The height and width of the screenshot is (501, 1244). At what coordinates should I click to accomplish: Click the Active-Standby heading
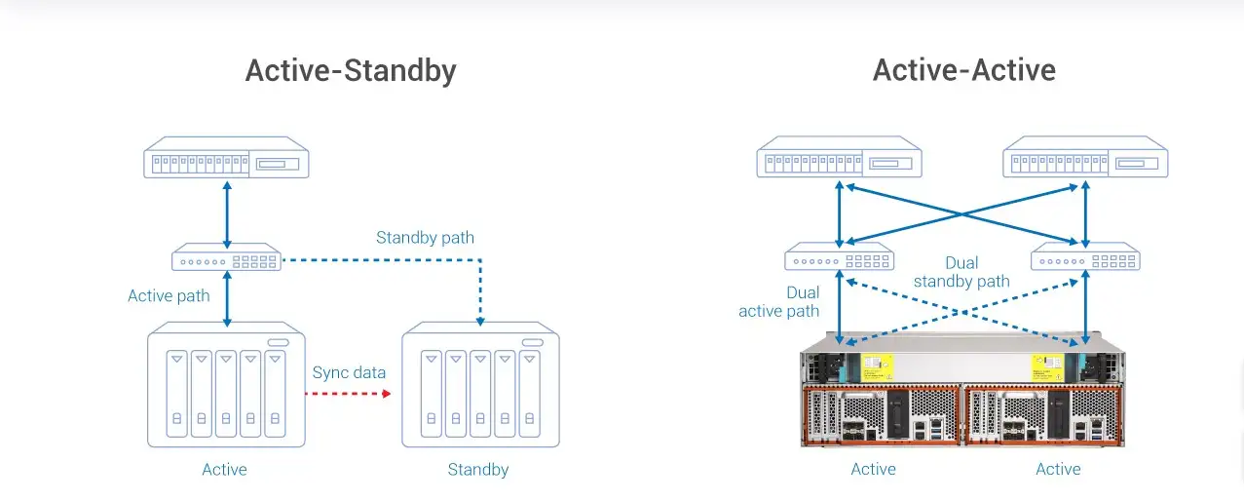[x=351, y=71]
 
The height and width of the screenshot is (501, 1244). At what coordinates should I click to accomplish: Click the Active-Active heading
[x=964, y=70]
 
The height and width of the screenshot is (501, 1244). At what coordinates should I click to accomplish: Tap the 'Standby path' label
[x=425, y=238]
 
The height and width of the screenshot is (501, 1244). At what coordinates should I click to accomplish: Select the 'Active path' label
[x=169, y=295]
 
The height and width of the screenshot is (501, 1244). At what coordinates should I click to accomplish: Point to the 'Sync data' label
[x=349, y=372]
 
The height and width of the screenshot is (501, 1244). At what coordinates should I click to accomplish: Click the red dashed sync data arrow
[x=348, y=394]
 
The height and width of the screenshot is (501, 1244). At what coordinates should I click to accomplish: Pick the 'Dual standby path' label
[x=961, y=272]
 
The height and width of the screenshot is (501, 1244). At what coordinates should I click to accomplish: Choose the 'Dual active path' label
[x=778, y=301]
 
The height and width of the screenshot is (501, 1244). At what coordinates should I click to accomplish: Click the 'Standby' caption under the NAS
[x=478, y=470]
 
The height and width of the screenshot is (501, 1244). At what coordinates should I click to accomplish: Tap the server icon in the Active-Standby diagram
[x=226, y=157]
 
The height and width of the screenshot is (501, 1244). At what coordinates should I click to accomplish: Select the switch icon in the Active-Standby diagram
[x=226, y=256]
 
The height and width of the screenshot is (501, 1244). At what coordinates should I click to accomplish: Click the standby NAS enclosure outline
[x=480, y=384]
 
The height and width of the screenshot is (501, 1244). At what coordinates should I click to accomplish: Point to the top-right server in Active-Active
[x=1085, y=157]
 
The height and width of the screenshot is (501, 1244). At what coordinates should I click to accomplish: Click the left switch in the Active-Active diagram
[x=839, y=256]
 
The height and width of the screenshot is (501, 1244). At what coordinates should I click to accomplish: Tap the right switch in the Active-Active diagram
[x=1085, y=256]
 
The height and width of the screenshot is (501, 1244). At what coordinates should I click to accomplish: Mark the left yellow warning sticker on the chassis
[x=877, y=367]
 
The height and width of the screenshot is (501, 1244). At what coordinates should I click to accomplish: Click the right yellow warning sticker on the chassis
[x=1047, y=367]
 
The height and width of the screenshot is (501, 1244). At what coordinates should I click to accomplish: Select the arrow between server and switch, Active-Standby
[x=227, y=215]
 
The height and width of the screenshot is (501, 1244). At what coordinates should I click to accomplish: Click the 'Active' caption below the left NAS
[x=224, y=470]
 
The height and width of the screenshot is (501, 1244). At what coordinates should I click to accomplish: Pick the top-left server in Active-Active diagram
[x=839, y=157]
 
